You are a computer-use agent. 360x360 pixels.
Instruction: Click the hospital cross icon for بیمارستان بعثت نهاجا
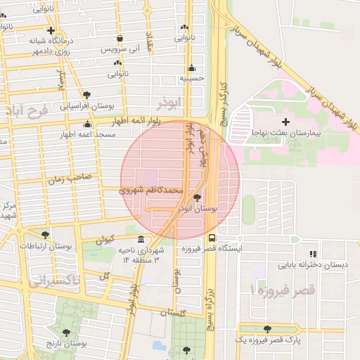point(285,123)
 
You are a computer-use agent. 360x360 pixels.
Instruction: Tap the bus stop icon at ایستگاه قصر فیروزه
point(212,238)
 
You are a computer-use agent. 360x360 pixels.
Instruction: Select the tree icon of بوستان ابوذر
point(196,199)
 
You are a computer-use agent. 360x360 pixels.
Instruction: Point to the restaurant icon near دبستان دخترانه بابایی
point(312,254)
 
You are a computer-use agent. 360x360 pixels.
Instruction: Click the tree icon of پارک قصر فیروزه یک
point(266,329)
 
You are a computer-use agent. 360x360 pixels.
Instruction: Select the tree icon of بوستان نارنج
point(66,333)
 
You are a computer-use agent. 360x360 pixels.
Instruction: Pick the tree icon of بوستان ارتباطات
point(46,236)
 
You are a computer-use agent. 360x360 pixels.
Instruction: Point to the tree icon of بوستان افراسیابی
point(86,95)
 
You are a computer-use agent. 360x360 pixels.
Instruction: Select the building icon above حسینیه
point(192,68)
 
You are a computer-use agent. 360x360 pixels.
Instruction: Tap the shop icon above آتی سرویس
point(120,38)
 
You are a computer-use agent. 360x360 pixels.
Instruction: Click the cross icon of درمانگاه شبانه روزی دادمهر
point(51,30)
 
